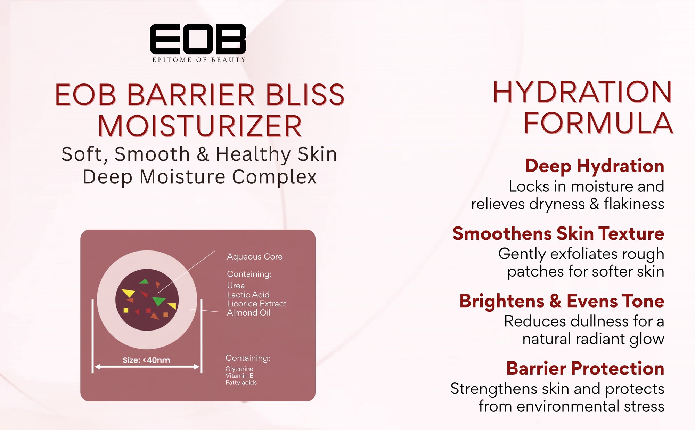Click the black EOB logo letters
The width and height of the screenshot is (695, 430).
[198, 39]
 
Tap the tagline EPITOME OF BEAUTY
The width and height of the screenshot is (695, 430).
[199, 60]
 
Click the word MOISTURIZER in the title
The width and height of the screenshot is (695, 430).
[200, 126]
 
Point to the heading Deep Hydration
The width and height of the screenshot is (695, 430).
[595, 166]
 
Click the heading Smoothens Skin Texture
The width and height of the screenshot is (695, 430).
[558, 233]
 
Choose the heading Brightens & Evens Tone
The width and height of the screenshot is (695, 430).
[562, 301]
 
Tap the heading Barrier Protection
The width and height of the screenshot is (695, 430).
[585, 368]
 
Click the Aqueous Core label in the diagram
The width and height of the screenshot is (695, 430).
[255, 257]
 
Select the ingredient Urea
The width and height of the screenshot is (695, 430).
[236, 286]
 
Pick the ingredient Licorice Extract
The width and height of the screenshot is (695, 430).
[257, 304]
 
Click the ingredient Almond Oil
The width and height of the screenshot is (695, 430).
[249, 313]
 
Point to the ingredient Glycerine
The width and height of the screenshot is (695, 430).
[239, 369]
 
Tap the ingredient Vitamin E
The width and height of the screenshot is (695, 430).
[239, 376]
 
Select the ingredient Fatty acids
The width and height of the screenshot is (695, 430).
[241, 383]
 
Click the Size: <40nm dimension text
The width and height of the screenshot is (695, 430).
[146, 360]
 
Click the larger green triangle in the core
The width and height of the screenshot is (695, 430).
[159, 301]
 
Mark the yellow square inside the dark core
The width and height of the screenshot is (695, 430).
[126, 310]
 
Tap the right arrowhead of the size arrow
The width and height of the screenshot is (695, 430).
[197, 367]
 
